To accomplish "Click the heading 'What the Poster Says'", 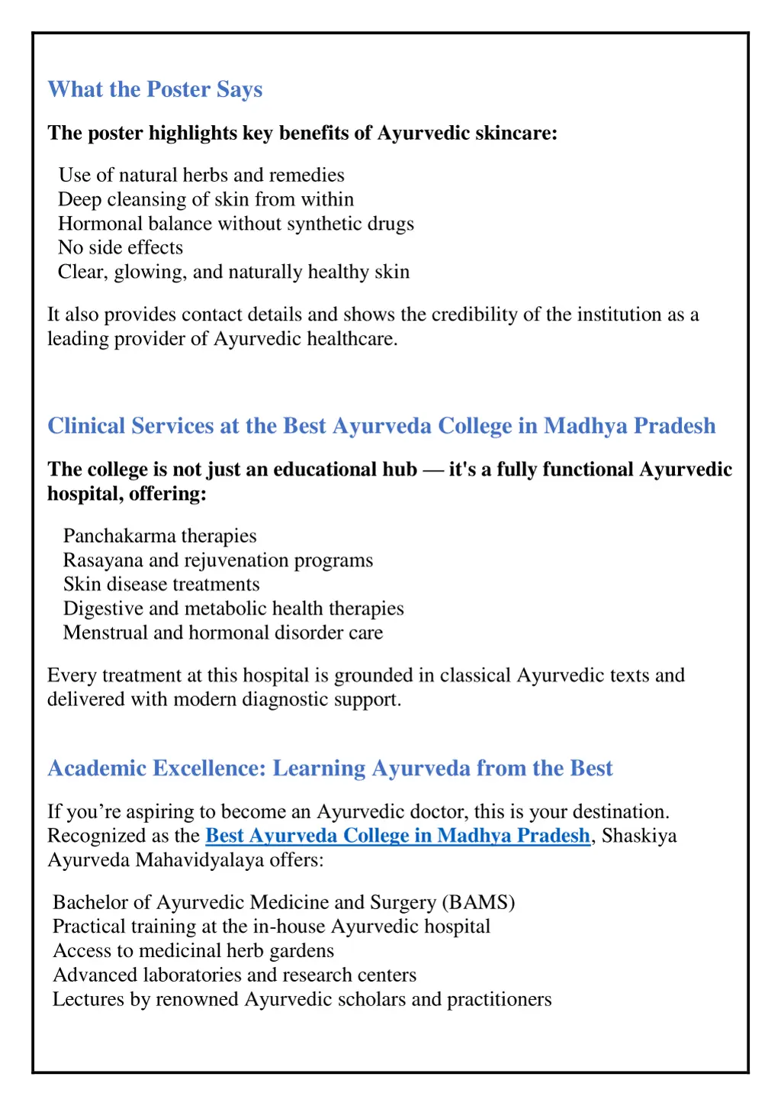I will point(155,89).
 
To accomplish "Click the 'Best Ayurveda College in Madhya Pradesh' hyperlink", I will point(397,836).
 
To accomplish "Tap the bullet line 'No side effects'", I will point(121,247).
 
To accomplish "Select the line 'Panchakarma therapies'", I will point(159,536).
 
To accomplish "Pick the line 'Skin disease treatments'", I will point(161,584).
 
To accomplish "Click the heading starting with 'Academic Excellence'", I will point(329,768).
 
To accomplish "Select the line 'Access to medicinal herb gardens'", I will point(193,950).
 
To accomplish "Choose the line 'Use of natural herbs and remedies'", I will point(201,175).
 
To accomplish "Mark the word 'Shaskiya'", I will point(639,836).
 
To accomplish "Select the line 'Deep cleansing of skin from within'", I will point(206,199).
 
